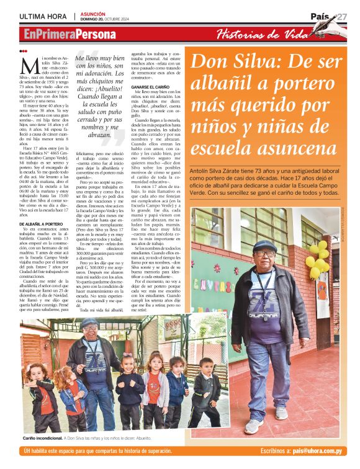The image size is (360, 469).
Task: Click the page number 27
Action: [342, 17]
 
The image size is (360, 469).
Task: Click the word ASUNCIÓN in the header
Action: [93, 13]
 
